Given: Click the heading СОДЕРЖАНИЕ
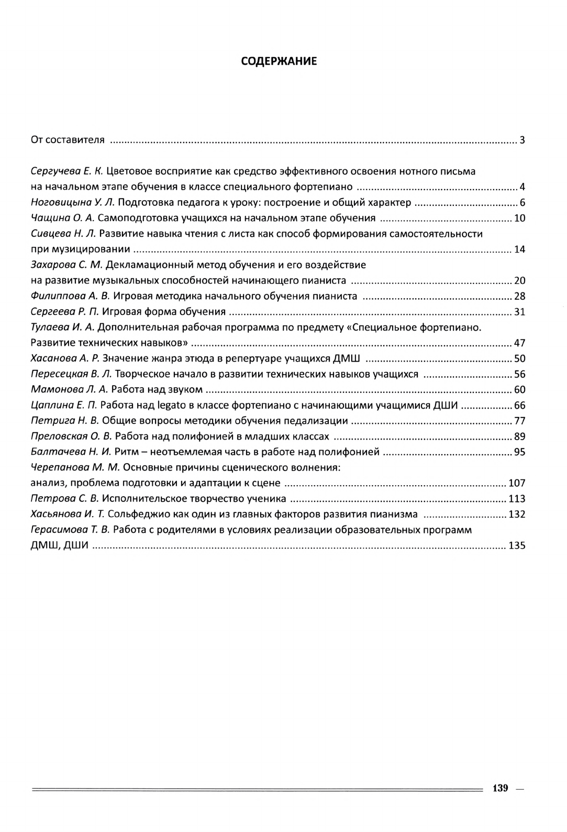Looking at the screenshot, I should click(279, 61).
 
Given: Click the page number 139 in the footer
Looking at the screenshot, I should click(501, 789).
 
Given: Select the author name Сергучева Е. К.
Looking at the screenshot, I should click(67, 171).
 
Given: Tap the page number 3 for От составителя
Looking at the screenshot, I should click(522, 140).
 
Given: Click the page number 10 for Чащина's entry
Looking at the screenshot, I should click(519, 218).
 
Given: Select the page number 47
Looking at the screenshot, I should click(519, 344).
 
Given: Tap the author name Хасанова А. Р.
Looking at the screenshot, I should click(65, 359).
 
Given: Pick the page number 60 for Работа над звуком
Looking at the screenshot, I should click(519, 390).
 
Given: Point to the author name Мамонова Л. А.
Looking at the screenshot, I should click(69, 390).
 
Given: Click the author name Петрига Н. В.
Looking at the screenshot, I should click(64, 421).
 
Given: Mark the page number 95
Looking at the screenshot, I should click(519, 452).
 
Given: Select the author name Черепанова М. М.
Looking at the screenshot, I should click(75, 467).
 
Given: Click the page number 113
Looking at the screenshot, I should click(517, 499).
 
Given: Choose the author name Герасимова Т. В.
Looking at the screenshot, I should click(70, 530).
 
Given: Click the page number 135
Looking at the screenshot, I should click(517, 546).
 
